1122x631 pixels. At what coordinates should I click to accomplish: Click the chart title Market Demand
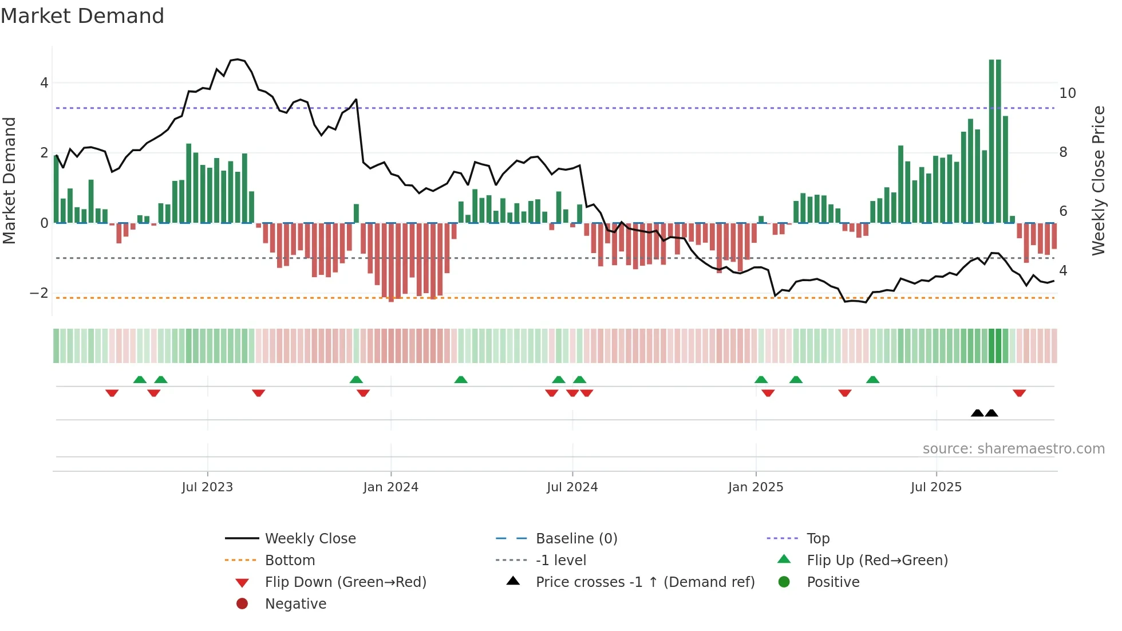82,16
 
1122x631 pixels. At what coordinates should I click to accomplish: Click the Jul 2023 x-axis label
207,487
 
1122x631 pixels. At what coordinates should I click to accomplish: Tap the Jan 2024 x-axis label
390,487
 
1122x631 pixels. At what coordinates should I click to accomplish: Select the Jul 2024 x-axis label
572,487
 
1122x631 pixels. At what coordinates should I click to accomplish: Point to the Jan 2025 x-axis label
756,487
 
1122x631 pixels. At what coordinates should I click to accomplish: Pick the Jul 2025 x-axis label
936,487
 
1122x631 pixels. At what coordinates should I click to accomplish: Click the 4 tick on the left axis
44,83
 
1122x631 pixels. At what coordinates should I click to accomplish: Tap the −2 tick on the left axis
39,293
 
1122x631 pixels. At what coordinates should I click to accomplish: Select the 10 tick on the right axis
1067,93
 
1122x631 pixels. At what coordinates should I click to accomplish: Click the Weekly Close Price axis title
1098,180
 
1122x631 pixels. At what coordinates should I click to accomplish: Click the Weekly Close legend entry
310,539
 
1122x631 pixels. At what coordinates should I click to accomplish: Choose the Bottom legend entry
290,561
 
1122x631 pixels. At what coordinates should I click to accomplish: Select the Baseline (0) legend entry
576,539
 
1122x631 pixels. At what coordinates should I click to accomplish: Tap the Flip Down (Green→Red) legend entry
345,582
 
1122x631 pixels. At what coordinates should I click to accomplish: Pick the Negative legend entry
295,604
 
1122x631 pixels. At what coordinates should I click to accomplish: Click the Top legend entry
817,539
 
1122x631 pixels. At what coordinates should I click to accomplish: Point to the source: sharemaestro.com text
1013,449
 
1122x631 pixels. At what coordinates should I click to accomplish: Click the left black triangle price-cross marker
977,413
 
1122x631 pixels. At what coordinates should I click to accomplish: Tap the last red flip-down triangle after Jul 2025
1019,393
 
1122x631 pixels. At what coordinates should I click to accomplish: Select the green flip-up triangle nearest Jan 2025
761,380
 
